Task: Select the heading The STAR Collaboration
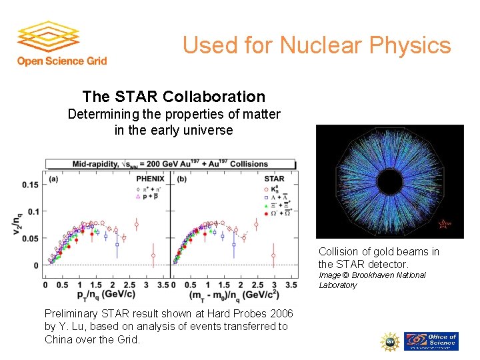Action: coord(173,97)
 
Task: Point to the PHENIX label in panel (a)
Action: coord(151,178)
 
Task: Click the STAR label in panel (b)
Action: coord(274,178)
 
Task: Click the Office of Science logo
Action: coord(433,341)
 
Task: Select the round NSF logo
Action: coord(390,341)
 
